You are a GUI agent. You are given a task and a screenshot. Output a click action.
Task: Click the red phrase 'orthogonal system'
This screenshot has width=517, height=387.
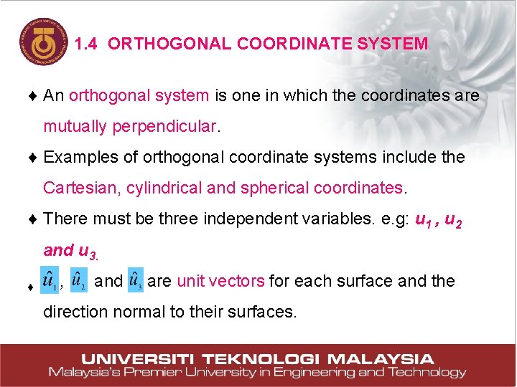tap(139, 95)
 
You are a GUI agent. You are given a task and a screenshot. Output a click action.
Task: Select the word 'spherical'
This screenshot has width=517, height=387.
tap(274, 188)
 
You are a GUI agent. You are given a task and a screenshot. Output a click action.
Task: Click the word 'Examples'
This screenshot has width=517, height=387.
tap(78, 157)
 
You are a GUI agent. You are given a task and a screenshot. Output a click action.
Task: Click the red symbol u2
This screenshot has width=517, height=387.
tap(453, 219)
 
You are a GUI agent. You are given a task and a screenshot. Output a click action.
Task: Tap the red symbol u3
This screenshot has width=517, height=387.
tap(87, 251)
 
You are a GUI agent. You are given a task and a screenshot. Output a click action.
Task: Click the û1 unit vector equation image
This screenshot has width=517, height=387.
tap(50, 281)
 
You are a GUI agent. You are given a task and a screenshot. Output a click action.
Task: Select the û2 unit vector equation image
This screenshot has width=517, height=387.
tap(78, 281)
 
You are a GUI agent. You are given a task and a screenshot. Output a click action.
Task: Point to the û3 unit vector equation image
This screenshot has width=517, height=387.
tap(136, 281)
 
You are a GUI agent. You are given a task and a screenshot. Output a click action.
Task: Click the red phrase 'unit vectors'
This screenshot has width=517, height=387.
tap(220, 281)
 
